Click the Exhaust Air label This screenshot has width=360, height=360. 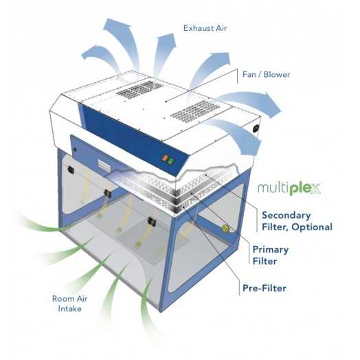coord(205,28)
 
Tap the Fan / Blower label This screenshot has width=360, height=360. coord(266,74)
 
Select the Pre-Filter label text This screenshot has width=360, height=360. coord(265,288)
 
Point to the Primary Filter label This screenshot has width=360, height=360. coord(271,255)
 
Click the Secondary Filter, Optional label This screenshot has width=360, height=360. coord(297,221)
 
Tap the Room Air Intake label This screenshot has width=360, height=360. coord(69,304)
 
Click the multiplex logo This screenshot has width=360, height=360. coord(289,188)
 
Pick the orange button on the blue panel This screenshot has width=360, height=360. coord(165,158)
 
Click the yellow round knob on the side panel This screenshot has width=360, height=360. coord(225,228)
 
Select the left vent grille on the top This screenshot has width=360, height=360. coord(139,89)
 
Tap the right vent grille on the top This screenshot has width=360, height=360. coord(194,111)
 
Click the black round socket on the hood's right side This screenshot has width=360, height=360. coord(256,128)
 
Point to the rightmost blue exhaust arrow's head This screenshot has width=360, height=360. coord(273,104)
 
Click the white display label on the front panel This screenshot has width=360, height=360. coord(104,166)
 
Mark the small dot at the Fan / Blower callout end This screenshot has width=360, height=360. coord(166,101)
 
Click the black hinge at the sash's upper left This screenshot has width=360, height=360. coord(71,170)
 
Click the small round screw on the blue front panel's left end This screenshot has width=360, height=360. coord(75,150)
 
